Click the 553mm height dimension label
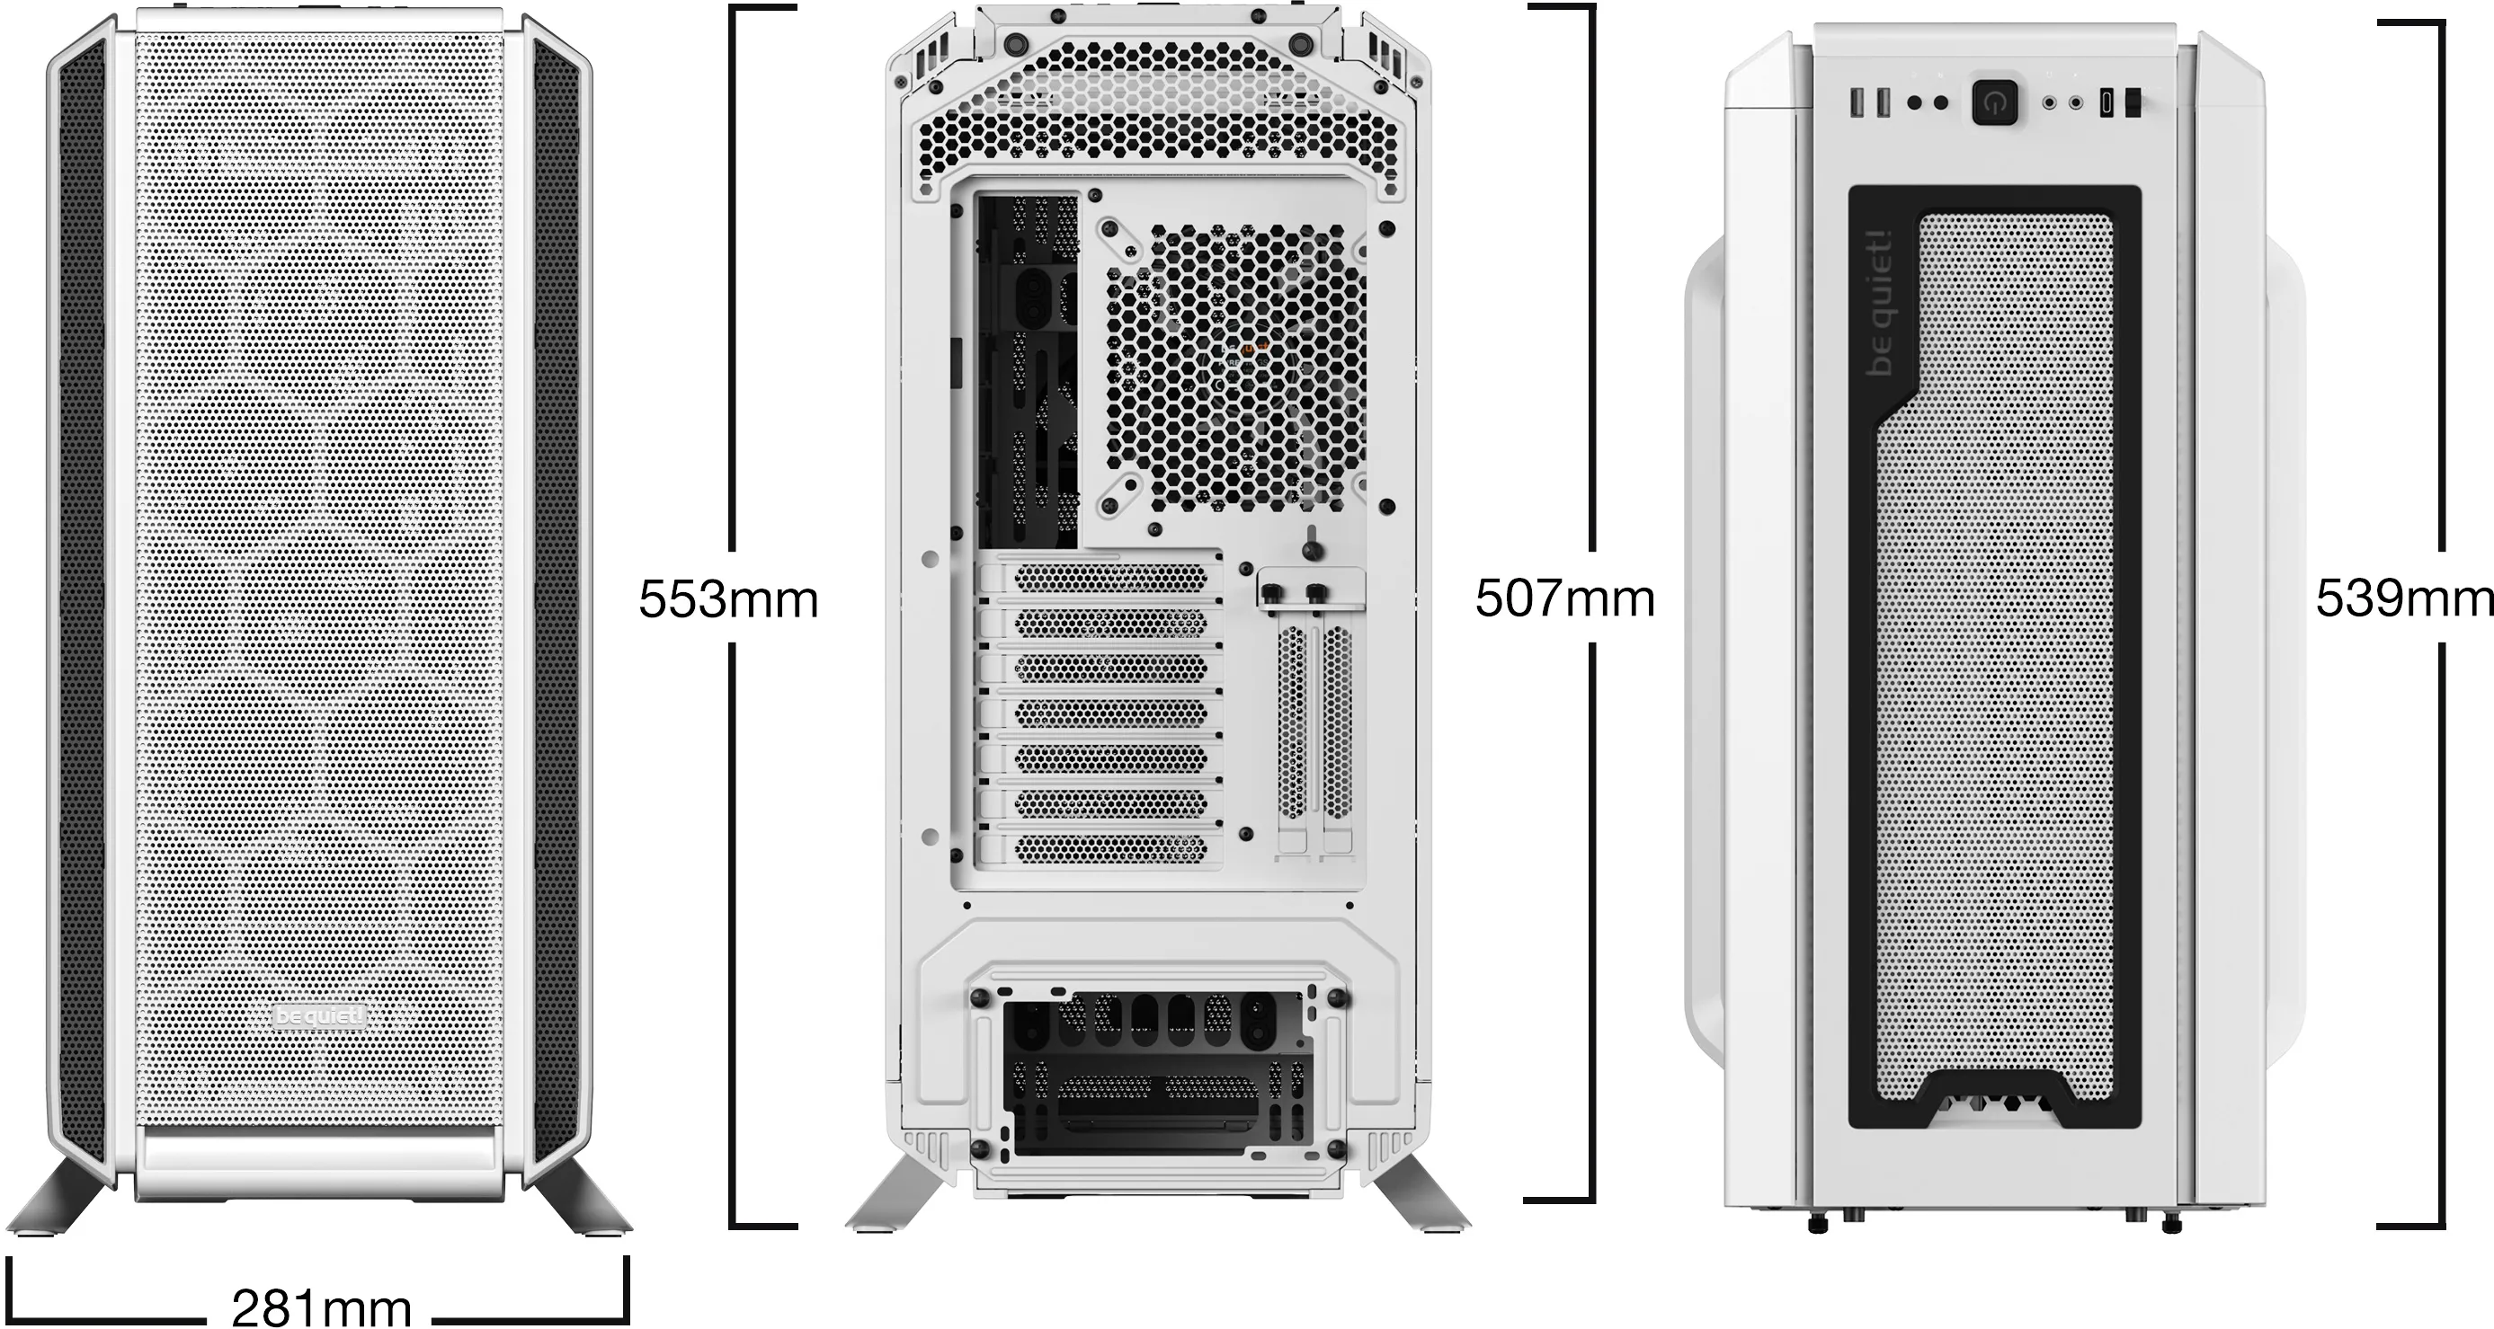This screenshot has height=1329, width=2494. pos(728,599)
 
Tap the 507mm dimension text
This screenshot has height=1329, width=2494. pos(1564,598)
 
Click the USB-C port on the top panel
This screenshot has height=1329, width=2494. pos(2107,102)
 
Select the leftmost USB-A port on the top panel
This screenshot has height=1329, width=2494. pos(1857,102)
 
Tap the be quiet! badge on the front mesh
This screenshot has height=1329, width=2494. pos(320,1016)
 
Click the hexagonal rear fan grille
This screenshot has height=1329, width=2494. pos(1235,368)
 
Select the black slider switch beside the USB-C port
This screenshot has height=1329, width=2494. pos(2132,102)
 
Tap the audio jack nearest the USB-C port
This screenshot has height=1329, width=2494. pos(2076,102)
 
